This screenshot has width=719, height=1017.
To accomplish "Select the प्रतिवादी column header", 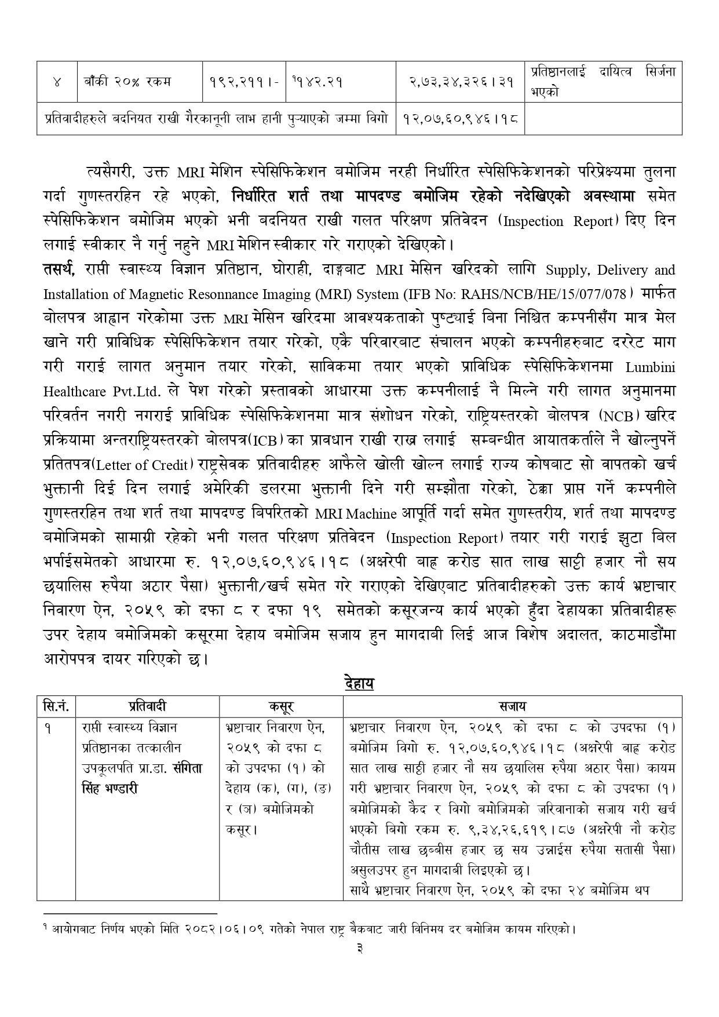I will coord(147,706).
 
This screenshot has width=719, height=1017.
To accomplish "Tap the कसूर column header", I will coord(281,706).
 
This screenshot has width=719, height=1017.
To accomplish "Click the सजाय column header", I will coord(512,706).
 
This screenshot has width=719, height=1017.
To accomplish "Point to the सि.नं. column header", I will coord(56,706).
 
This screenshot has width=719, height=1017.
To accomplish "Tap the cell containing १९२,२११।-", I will coord(244,82).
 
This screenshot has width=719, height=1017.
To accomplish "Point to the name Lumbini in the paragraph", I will coord(650,367).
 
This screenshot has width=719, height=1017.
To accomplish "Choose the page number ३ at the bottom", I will coord(359,948).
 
